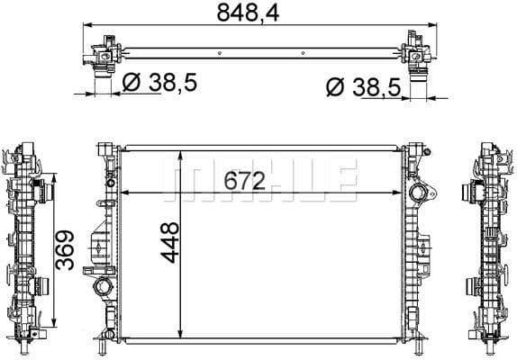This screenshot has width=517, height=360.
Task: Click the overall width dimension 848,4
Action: (254, 13)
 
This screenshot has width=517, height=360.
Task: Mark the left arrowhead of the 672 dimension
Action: (124, 193)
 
